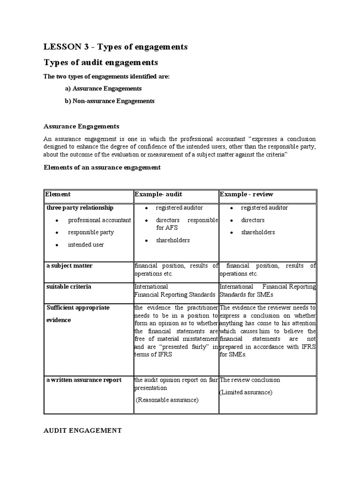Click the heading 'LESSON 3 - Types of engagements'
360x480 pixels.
click(115, 47)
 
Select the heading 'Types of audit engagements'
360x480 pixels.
click(101, 62)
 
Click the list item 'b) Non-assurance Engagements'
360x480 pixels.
click(109, 101)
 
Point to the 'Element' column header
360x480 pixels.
click(58, 194)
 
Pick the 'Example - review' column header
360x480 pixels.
click(247, 194)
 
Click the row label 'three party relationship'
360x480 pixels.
click(80, 208)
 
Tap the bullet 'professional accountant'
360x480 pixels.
click(99, 220)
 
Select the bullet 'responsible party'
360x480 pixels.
click(91, 232)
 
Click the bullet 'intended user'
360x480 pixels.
click(86, 245)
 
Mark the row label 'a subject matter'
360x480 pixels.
click(69, 266)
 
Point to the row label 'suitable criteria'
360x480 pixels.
click(69, 286)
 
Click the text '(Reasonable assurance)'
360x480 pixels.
click(167, 400)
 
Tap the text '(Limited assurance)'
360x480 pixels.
click(245, 392)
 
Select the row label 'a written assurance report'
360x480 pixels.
click(84, 380)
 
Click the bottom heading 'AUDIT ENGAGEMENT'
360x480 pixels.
click(82, 430)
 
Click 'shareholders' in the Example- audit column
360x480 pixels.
click(172, 240)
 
